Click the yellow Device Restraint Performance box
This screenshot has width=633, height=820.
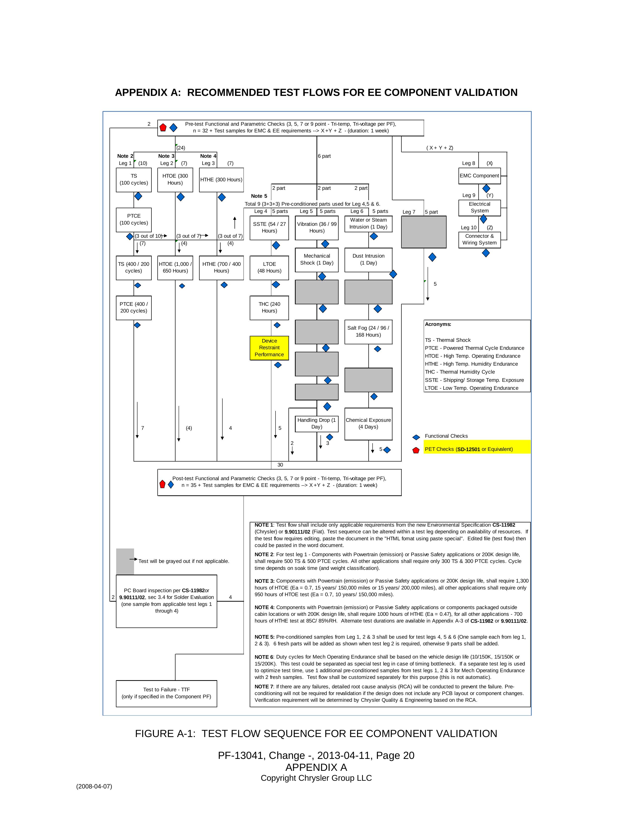tap(269, 348)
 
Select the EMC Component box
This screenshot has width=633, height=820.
tap(479, 176)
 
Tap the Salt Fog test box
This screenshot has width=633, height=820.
tap(368, 332)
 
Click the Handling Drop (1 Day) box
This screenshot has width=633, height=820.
tap(316, 424)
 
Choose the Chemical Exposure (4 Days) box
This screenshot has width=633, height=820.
tap(368, 424)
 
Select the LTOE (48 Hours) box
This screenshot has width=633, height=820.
tap(269, 267)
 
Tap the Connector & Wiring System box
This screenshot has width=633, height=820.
tap(479, 239)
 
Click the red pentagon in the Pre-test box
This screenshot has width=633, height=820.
tap(163, 128)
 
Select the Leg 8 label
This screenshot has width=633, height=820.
tap(468, 163)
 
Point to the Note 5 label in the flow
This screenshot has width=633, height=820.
tap(259, 196)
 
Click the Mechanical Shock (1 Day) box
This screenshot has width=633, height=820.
tap(316, 259)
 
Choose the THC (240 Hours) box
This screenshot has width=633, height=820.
tap(269, 308)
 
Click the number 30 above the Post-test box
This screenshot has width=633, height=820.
tap(280, 465)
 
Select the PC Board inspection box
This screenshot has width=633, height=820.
tap(166, 601)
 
